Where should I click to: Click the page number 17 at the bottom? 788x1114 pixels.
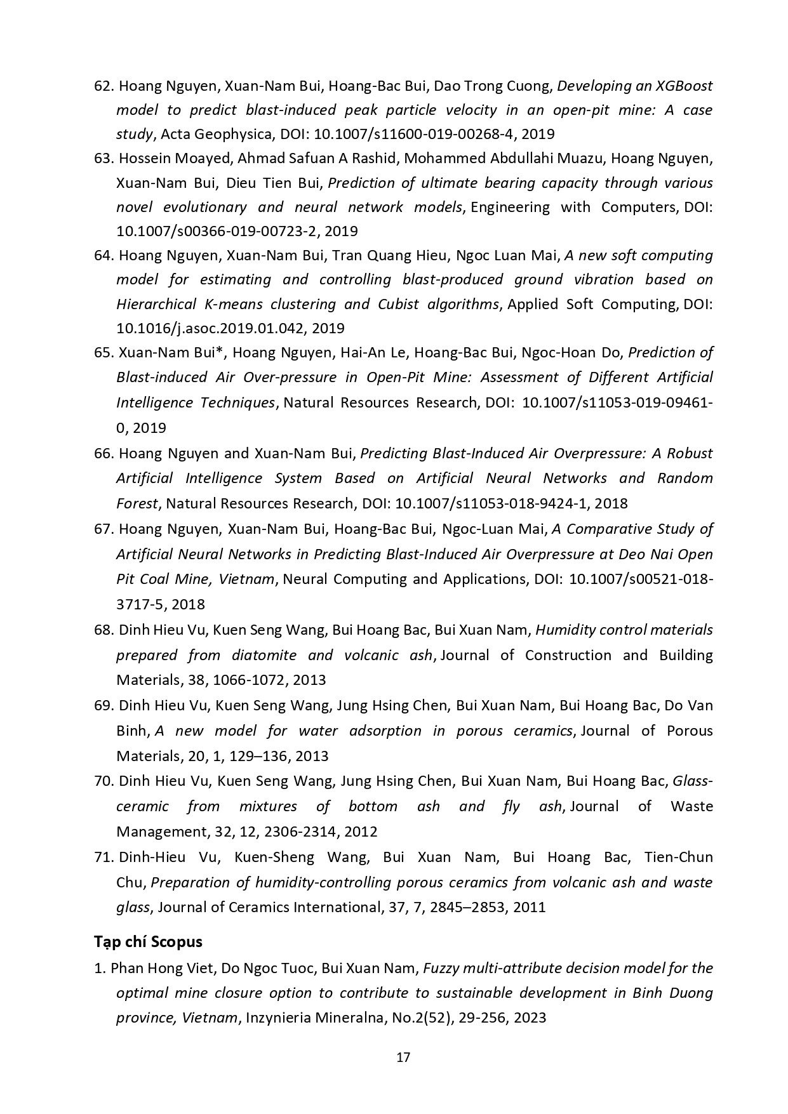[x=403, y=1058]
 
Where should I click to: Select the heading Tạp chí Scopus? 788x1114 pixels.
[x=148, y=941]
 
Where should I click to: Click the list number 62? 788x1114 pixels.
[x=103, y=86]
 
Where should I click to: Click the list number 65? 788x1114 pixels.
[x=103, y=352]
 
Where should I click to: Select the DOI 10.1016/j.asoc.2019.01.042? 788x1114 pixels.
[x=230, y=328]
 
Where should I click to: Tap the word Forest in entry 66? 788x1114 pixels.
[x=137, y=503]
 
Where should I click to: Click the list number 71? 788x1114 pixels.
[x=103, y=857]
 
